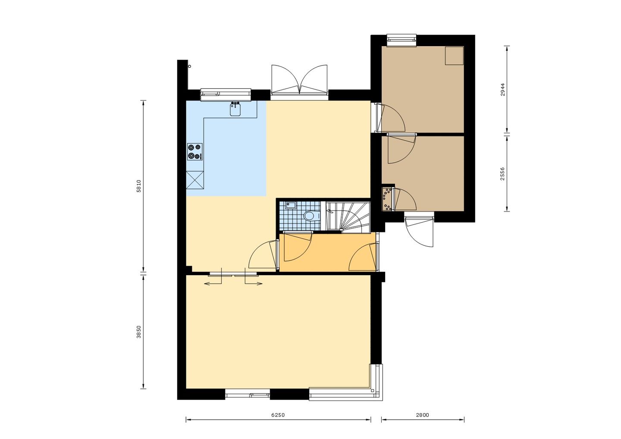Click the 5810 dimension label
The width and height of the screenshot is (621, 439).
click(138, 186)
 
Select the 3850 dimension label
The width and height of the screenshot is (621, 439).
click(138, 332)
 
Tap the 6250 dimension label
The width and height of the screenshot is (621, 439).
click(278, 415)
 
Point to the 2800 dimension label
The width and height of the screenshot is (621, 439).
click(422, 415)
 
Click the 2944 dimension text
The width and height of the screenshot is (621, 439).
click(502, 89)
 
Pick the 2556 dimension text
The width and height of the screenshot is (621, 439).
click(502, 173)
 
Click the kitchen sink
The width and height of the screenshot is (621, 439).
click(235, 110)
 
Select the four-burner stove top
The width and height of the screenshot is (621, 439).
click(194, 152)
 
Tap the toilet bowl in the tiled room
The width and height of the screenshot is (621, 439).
click(310, 216)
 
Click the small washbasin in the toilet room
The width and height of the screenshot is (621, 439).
click(290, 206)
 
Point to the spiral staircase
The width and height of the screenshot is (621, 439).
click(348, 216)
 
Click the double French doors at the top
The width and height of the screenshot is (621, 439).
click(299, 80)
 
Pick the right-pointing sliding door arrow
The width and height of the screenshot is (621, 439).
click(254, 283)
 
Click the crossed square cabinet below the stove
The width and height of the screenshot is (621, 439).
click(195, 180)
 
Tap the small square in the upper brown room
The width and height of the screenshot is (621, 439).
click(454, 56)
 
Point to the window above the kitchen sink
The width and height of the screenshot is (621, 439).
click(226, 93)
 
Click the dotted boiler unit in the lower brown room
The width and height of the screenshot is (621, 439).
click(387, 199)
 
